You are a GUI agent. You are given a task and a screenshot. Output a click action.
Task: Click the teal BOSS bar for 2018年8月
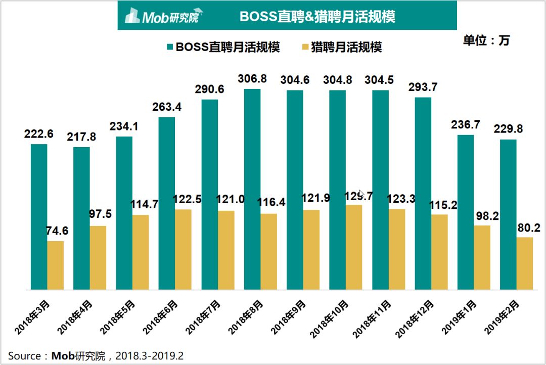tap(252, 189)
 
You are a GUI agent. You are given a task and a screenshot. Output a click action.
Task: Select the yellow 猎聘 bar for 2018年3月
tap(56, 265)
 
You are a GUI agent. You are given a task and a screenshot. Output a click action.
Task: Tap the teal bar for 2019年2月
tap(508, 214)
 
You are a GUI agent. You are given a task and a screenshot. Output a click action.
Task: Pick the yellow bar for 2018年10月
tap(354, 247)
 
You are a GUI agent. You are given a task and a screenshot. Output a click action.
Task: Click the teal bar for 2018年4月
tap(81, 218)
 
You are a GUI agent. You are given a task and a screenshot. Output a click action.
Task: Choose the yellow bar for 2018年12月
tap(439, 252)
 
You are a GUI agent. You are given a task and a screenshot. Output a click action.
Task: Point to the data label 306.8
tap(252, 79)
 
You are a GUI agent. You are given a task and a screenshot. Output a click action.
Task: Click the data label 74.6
tap(58, 231)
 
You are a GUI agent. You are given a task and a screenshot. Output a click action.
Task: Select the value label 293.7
tap(423, 87)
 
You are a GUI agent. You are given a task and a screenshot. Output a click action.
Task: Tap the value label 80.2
tap(529, 228)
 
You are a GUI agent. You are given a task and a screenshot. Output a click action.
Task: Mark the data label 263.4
tap(167, 107)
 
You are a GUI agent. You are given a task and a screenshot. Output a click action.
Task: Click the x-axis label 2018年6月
tap(160, 317)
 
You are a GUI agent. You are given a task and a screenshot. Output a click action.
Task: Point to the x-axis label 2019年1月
tap(459, 317)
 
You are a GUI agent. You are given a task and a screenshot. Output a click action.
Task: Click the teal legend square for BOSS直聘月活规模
tap(170, 47)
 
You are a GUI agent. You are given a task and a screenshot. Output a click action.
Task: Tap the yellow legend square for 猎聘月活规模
tap(305, 47)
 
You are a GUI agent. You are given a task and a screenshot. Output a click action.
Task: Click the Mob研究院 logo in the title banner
tap(164, 16)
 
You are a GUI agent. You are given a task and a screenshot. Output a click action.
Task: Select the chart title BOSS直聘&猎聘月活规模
tap(317, 16)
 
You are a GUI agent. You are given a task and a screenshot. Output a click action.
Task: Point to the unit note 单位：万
tap(486, 40)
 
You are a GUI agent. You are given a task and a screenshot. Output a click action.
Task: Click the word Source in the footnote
tap(24, 356)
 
